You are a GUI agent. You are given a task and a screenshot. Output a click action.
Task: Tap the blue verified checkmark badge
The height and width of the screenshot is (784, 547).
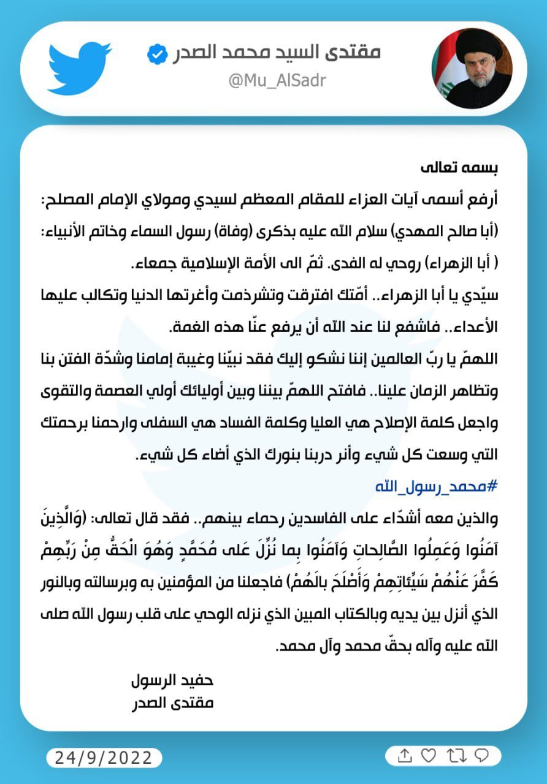click(158, 55)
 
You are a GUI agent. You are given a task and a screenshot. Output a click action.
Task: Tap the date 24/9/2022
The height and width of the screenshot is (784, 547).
click(104, 758)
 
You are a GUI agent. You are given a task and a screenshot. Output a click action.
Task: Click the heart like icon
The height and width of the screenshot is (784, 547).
click(429, 756)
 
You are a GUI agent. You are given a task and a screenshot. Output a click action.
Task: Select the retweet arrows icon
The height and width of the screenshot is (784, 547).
click(456, 756)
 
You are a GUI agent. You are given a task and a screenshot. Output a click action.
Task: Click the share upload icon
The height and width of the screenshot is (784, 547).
click(404, 756)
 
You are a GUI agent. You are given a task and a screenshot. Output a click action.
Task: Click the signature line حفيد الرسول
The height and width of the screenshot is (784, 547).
click(172, 680)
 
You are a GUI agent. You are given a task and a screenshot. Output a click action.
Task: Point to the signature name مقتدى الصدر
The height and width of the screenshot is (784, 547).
click(172, 703)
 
